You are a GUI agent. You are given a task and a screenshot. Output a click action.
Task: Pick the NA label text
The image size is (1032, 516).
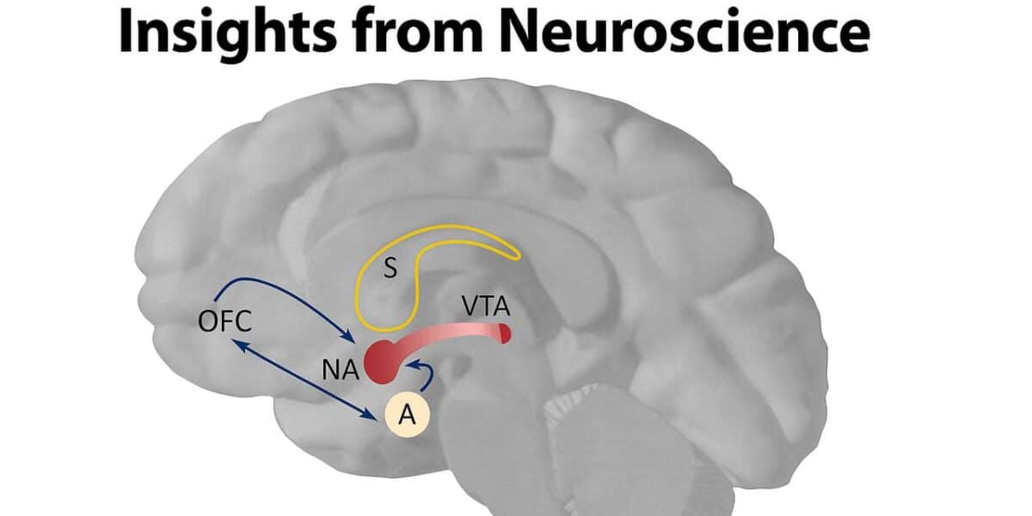tap(336, 371)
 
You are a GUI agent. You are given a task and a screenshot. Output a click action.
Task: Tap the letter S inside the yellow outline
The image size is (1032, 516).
tap(390, 270)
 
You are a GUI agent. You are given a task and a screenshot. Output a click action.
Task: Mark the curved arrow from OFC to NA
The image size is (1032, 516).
tap(275, 288)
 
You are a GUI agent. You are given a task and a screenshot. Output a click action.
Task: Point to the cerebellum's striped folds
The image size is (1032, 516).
tap(602, 430)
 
